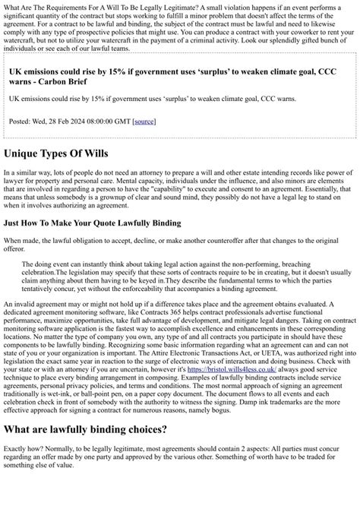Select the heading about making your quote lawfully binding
tap(92, 223)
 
